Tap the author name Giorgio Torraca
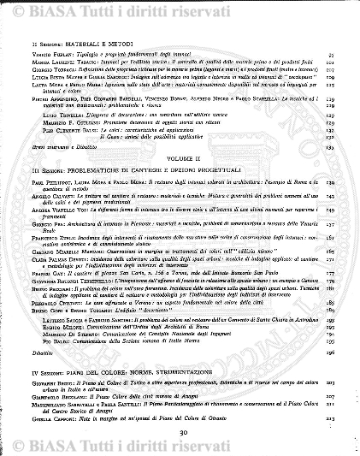50,68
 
